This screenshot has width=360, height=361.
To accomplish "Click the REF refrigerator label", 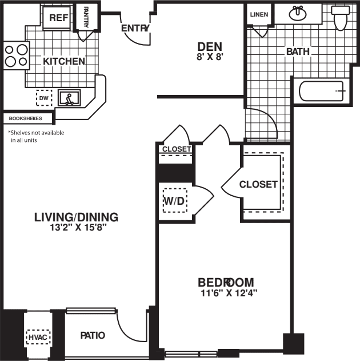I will coord(58,18).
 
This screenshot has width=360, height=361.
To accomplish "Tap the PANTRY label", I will coord(86,17).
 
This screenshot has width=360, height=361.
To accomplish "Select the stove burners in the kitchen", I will coord(16,55).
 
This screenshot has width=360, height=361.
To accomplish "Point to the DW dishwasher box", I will coord(44,98).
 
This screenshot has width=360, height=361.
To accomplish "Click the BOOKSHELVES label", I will coord(26,118).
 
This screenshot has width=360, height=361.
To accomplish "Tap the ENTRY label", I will coord(135,29).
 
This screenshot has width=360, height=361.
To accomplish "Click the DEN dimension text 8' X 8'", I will coord(210,57).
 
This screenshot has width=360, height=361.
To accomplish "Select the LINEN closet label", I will coord(259,14).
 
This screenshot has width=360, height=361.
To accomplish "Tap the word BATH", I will coord(298,51).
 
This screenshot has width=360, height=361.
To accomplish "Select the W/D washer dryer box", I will coord(174,201).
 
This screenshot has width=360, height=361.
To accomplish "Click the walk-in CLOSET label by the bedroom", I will coord(258,184).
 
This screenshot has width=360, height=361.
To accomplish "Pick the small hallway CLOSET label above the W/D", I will coord(176,149).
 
